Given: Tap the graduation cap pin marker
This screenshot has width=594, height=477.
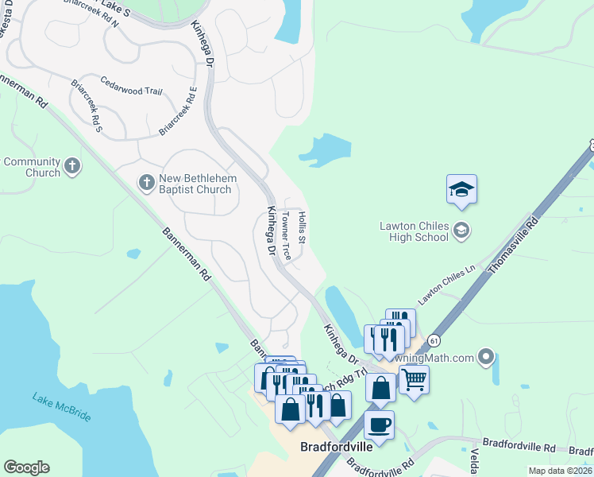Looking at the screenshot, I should pos(461,190).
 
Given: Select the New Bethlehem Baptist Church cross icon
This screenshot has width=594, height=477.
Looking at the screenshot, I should pos(146,183).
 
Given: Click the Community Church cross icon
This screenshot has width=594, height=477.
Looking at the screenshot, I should pos(72,166).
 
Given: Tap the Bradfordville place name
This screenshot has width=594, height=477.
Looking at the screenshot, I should pos(337,447).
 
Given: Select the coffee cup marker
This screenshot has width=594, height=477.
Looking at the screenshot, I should pos(380,425).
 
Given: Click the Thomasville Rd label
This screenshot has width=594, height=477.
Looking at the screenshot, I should pos(512,243).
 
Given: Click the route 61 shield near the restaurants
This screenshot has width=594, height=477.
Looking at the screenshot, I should pos(432,340).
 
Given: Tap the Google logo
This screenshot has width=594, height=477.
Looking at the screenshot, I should pos(26,467).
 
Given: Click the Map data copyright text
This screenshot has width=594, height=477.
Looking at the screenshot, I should pos(560,471).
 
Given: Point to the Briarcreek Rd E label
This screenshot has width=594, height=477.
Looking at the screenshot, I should pos(179,111).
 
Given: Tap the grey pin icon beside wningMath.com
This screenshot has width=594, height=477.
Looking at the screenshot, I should pos(487,358).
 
